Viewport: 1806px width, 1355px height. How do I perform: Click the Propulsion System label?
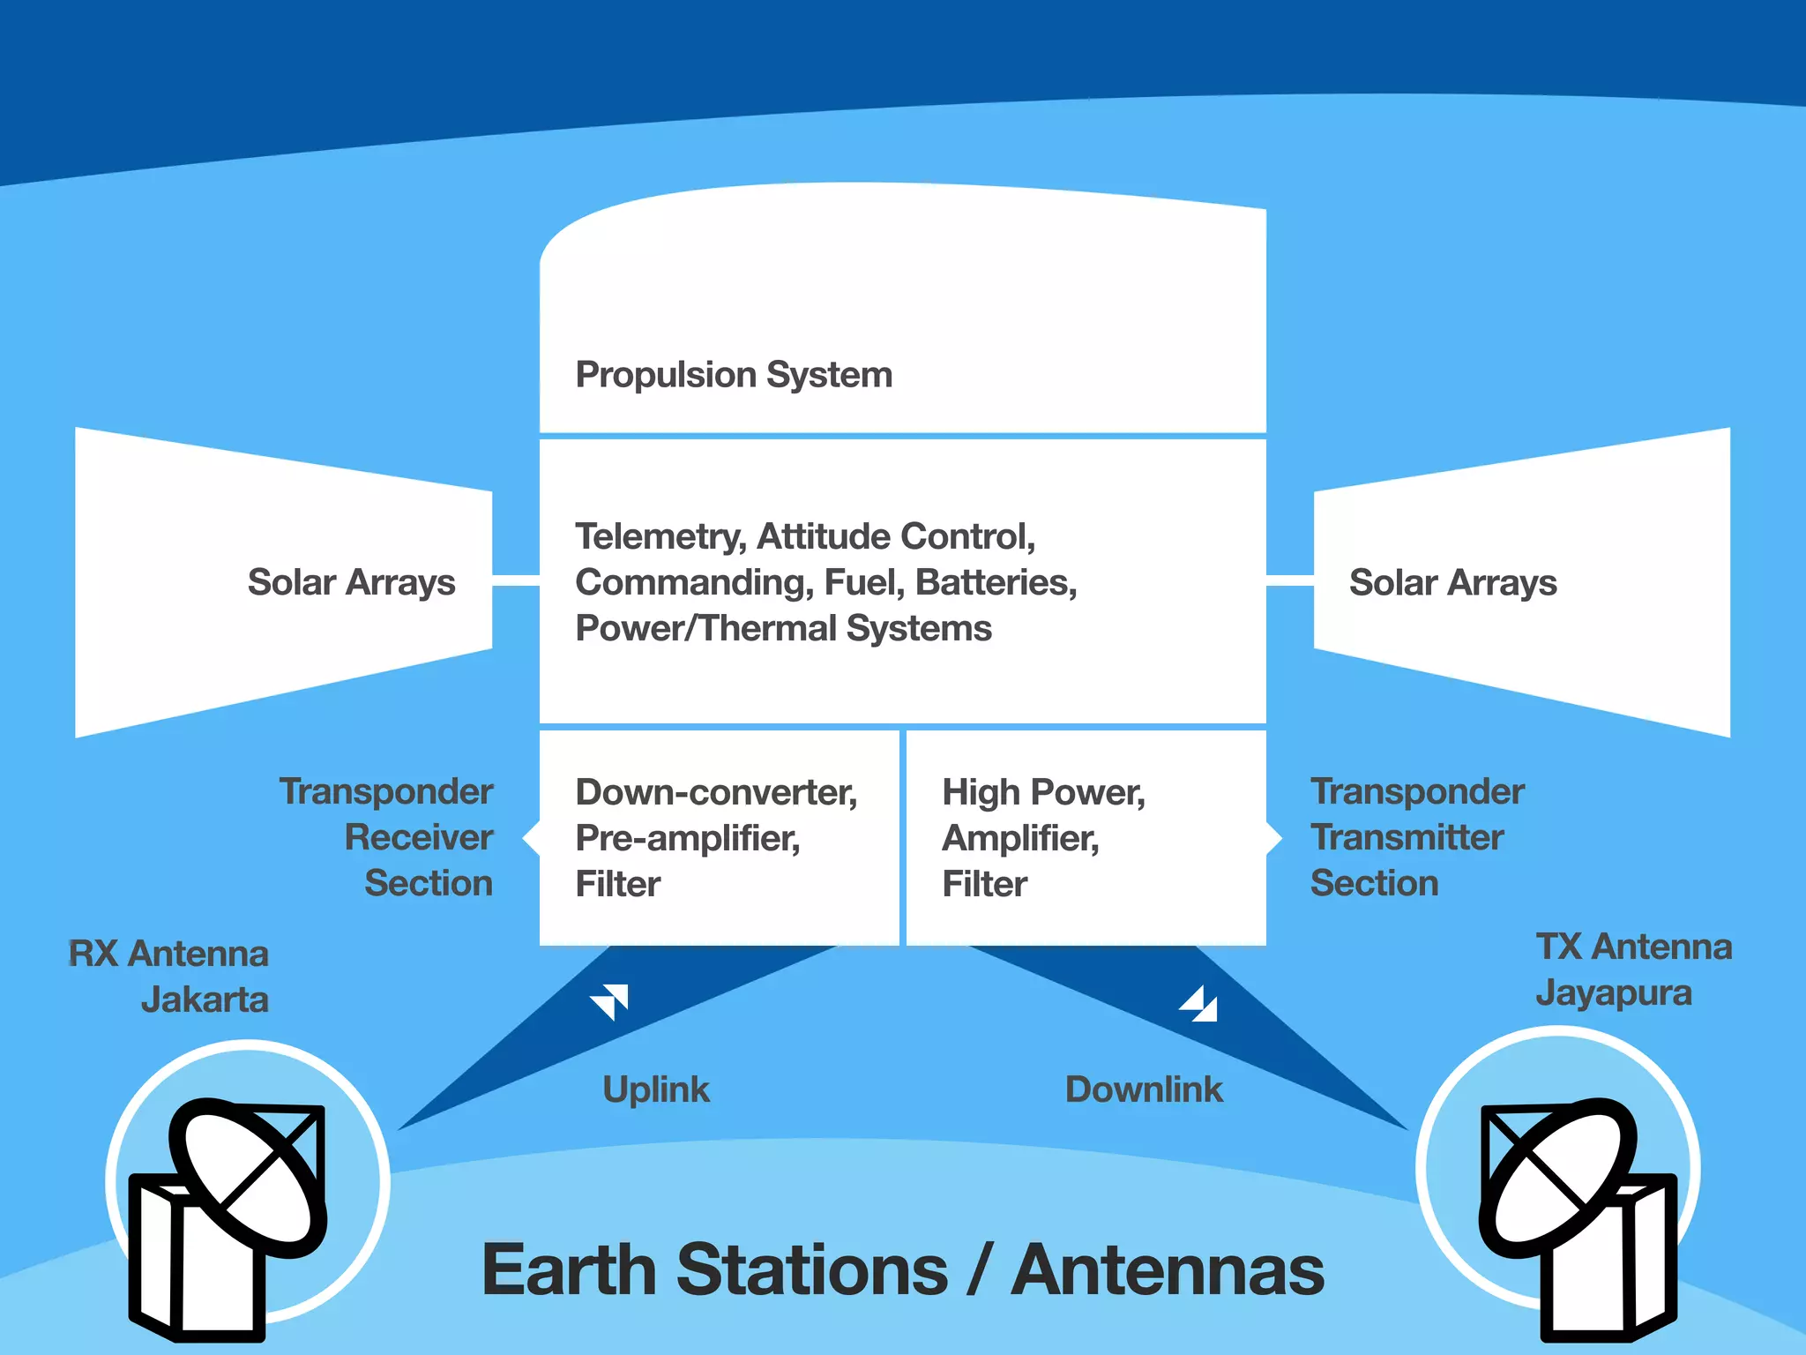pyautogui.click(x=734, y=375)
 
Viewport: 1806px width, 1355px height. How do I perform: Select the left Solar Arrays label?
pyautogui.click(x=351, y=582)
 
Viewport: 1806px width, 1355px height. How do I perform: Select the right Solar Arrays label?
pyautogui.click(x=1452, y=582)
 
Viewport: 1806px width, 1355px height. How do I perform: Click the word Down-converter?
pyautogui.click(x=715, y=792)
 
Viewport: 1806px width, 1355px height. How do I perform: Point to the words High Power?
pyautogui.click(x=1042, y=792)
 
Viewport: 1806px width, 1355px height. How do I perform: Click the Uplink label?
pyautogui.click(x=655, y=1089)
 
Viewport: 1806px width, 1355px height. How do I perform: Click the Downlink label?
pyautogui.click(x=1144, y=1089)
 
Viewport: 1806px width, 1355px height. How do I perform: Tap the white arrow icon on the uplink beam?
pyautogui.click(x=610, y=1001)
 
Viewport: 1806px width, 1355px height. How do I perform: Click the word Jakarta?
pyautogui.click(x=205, y=999)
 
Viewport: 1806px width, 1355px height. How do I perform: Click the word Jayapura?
pyautogui.click(x=1613, y=992)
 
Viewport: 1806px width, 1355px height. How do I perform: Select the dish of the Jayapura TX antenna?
pyautogui.click(x=1556, y=1178)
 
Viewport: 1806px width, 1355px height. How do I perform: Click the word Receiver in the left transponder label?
pyautogui.click(x=418, y=837)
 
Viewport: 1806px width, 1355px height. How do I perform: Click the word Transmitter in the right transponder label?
pyautogui.click(x=1407, y=837)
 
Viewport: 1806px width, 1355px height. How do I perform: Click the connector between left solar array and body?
pyautogui.click(x=515, y=580)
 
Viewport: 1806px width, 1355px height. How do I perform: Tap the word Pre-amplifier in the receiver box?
pyautogui.click(x=687, y=838)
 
